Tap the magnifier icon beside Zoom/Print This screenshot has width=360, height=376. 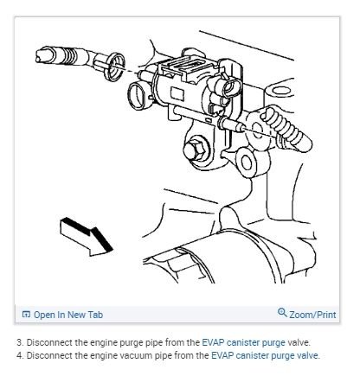[x=282, y=313]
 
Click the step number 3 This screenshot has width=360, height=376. [x=18, y=342]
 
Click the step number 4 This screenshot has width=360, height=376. [x=18, y=354]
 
